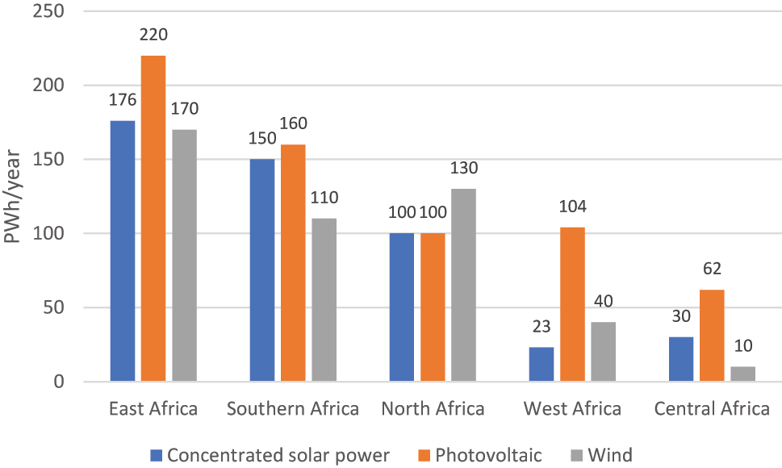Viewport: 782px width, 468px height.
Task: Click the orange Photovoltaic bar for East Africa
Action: coord(153,218)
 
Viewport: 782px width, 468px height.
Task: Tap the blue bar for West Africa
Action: coord(541,364)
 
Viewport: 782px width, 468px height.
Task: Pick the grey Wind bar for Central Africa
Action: coord(742,374)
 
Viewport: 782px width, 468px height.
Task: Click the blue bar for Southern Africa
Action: coord(262,270)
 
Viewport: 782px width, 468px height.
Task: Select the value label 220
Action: coord(153,35)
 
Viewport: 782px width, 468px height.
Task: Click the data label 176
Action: coord(122,100)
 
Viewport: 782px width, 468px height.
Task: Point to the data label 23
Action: coord(541,328)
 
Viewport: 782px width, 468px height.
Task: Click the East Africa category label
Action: coord(153,409)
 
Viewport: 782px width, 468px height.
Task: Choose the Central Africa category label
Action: coord(712,409)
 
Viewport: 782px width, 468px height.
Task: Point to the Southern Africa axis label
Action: coord(293,409)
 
